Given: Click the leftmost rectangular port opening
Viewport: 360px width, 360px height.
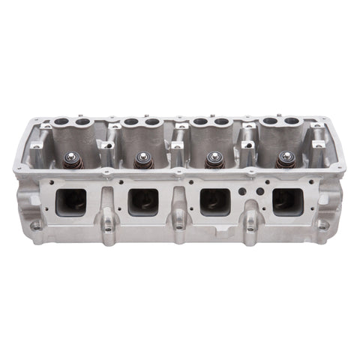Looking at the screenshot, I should (x=72, y=200).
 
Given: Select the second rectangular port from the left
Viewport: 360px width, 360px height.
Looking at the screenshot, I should (x=143, y=200).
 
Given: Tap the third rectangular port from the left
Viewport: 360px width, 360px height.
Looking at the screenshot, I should (x=214, y=200).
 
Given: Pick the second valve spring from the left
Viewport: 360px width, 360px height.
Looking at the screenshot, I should (x=142, y=160).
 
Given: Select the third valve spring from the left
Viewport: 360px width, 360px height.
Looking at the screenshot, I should (x=213, y=160).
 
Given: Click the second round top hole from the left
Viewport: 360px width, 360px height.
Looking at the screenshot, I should (x=82, y=121).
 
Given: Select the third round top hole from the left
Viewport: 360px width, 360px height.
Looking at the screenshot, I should (x=130, y=121).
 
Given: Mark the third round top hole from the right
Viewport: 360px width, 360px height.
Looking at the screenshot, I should (x=222, y=121).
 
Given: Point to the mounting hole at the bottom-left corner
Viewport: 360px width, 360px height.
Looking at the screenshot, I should (x=36, y=224).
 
